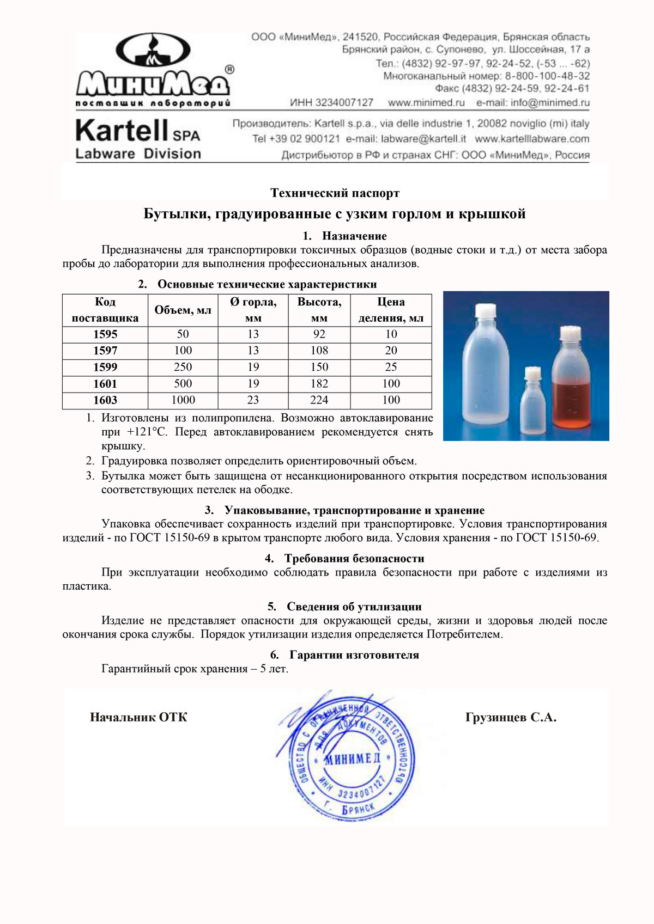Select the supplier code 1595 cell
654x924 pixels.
point(105,334)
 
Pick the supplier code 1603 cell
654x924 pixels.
point(105,400)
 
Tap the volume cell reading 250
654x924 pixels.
point(183,367)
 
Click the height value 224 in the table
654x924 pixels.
point(319,400)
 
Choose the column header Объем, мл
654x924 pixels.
point(183,310)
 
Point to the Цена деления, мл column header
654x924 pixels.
point(391,310)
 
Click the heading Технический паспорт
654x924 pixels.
point(335,193)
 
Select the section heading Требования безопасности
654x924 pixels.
point(354,559)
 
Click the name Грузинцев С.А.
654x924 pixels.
point(511,717)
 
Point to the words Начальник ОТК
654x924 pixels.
point(138,717)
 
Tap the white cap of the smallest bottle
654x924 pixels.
point(531,374)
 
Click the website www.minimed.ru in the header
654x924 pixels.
point(426,102)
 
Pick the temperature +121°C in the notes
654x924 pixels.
point(147,432)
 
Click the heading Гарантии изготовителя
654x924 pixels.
point(354,655)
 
